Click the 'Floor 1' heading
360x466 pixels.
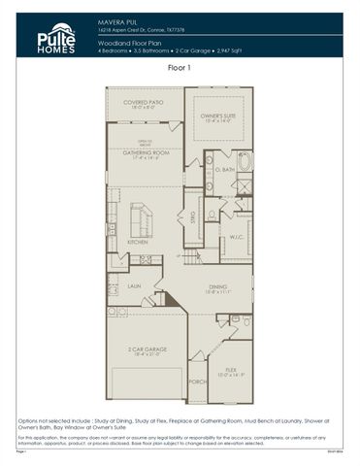click(x=180, y=69)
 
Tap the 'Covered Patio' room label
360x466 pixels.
click(x=143, y=105)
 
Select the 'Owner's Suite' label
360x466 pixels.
click(x=218, y=117)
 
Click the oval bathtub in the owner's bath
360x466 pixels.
click(x=244, y=161)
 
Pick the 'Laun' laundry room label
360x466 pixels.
click(x=134, y=286)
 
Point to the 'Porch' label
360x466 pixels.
click(x=197, y=382)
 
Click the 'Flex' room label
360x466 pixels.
click(x=231, y=370)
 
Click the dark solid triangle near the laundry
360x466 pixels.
click(x=171, y=300)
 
